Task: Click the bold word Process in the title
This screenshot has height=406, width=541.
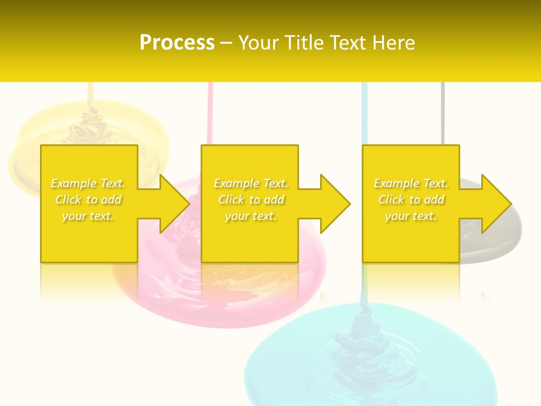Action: pyautogui.click(x=177, y=42)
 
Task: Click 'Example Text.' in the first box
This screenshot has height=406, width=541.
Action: pyautogui.click(x=88, y=183)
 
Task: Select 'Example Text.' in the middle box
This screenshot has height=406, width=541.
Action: pyautogui.click(x=251, y=183)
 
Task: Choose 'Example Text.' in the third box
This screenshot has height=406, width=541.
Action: pyautogui.click(x=411, y=183)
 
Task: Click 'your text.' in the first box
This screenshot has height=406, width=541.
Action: pyautogui.click(x=88, y=216)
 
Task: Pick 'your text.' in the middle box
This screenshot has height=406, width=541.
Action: pyautogui.click(x=251, y=216)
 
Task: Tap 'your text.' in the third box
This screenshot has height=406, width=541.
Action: pyautogui.click(x=411, y=216)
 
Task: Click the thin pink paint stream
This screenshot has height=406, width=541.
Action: pyautogui.click(x=210, y=113)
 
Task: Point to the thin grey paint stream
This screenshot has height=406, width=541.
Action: pyautogui.click(x=442, y=113)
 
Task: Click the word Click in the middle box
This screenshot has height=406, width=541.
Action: pyautogui.click(x=230, y=200)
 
